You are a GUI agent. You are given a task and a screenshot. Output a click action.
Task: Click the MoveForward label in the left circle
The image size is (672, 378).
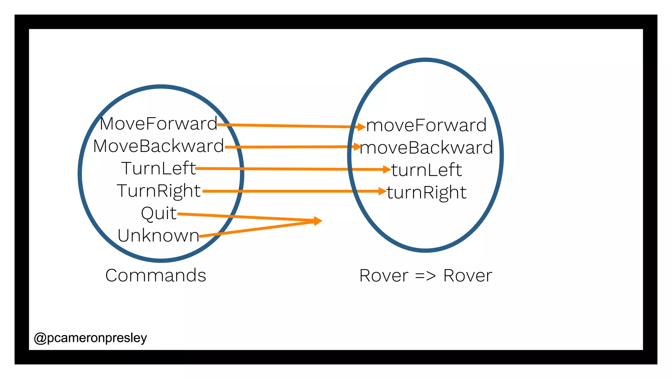tap(158, 124)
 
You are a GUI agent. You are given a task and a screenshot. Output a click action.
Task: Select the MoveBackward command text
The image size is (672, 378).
tap(158, 146)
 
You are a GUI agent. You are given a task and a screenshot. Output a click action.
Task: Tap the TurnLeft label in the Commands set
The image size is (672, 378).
tap(158, 169)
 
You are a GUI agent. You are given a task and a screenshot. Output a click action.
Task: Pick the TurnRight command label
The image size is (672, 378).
tap(158, 191)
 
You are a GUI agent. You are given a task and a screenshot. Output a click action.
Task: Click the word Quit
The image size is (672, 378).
tap(158, 213)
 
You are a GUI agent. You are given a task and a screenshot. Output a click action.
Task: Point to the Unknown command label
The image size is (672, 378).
tap(158, 236)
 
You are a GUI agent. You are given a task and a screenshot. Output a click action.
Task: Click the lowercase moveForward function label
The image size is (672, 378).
tap(426, 125)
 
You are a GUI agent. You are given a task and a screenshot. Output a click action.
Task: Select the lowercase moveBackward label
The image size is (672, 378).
tap(426, 148)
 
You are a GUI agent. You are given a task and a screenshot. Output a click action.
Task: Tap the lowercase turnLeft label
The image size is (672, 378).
tap(426, 170)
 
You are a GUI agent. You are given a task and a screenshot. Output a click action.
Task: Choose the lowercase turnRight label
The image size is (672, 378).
tap(426, 192)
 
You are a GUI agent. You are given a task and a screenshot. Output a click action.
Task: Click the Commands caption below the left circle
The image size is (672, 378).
tap(156, 275)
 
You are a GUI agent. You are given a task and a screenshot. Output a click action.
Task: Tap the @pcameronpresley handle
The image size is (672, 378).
tap(90, 338)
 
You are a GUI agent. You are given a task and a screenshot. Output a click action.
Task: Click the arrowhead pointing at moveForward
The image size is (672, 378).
tap(362, 127)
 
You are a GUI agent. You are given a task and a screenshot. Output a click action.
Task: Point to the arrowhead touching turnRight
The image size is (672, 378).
tap(382, 191)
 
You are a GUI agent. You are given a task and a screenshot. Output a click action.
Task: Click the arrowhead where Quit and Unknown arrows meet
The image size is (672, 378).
tap(317, 221)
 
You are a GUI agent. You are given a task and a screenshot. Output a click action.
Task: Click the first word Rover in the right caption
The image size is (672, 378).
tap(384, 276)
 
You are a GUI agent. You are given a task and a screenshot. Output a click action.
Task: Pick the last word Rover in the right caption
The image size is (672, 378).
tap(468, 276)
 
